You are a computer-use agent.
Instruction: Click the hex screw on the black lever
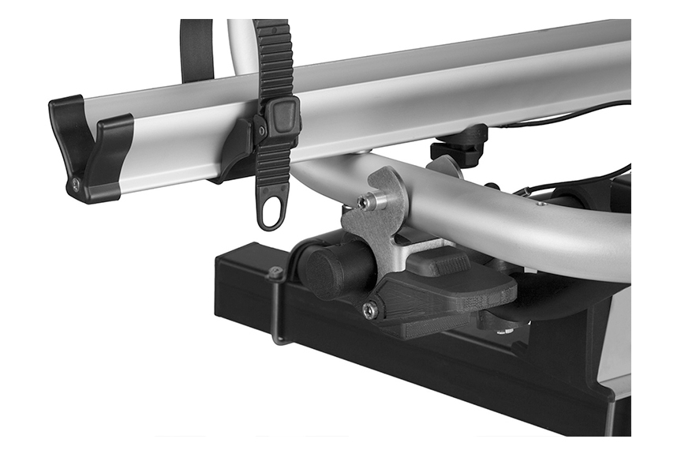tap(369, 310)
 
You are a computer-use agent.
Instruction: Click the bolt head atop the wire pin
tap(275, 274)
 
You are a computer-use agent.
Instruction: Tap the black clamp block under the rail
tap(460, 145)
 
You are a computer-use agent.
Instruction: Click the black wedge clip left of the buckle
tap(238, 146)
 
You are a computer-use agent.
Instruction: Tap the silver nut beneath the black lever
tap(506, 328)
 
